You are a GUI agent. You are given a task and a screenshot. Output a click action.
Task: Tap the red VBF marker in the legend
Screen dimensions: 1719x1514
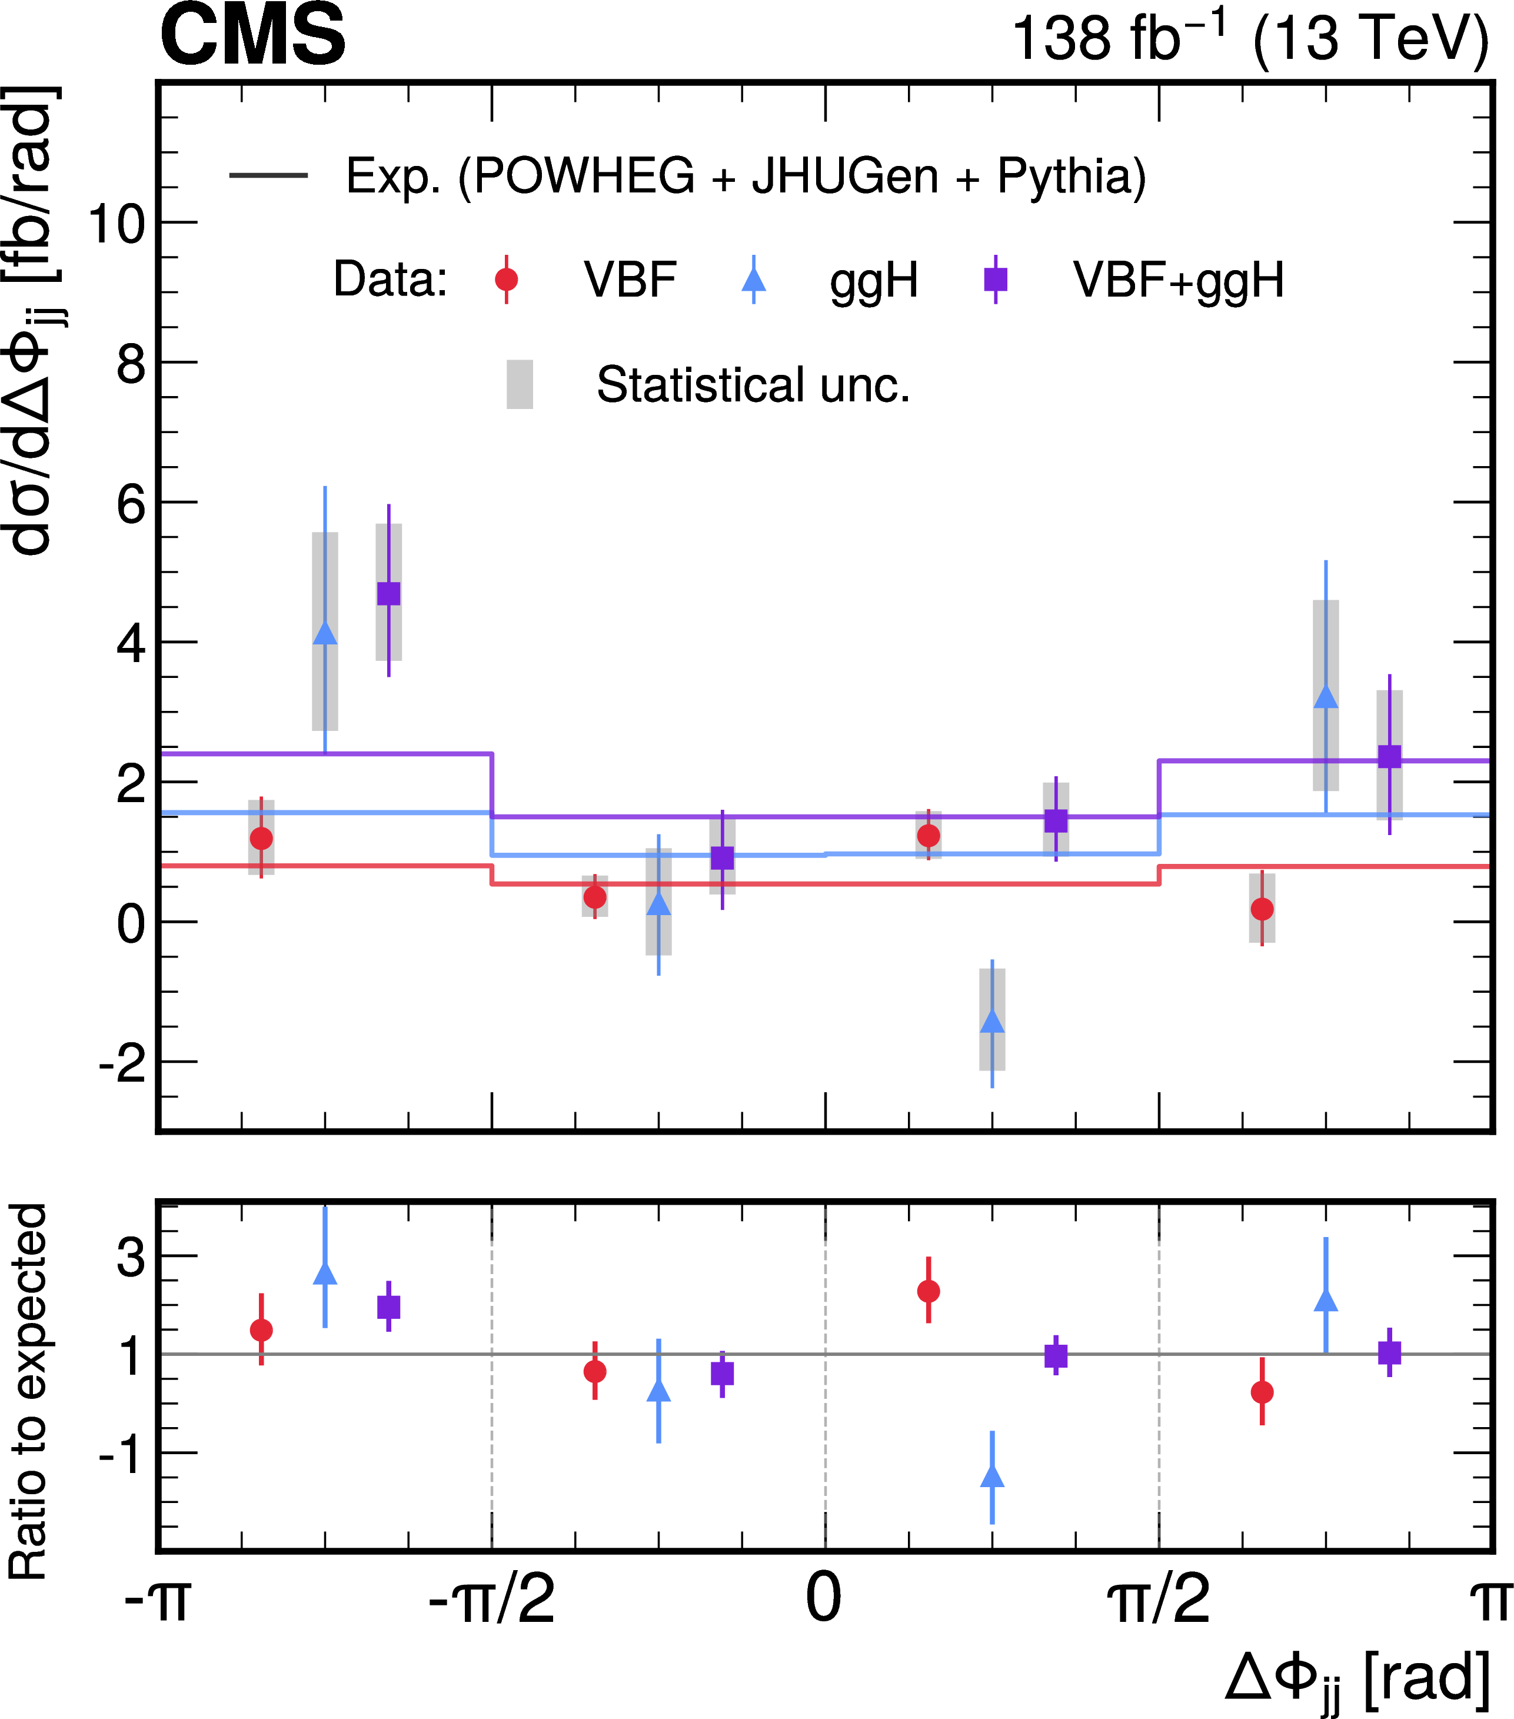tap(507, 279)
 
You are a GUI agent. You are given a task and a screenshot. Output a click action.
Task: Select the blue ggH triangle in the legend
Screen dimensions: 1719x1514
tap(754, 279)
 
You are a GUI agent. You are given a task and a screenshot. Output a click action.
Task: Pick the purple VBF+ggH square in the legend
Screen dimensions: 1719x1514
tap(996, 279)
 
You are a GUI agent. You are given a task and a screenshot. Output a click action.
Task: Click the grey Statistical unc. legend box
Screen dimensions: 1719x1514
tap(520, 384)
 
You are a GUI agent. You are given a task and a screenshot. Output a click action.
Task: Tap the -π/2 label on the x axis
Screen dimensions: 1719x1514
tap(491, 1598)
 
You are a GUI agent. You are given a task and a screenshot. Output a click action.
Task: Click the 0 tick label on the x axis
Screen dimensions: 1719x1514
tap(823, 1598)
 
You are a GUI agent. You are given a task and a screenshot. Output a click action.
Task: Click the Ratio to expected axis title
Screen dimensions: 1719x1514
tap(29, 1391)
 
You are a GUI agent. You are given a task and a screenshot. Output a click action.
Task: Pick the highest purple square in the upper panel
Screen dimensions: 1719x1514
tap(388, 593)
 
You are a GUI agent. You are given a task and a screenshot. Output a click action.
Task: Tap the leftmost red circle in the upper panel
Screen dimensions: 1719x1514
tap(262, 839)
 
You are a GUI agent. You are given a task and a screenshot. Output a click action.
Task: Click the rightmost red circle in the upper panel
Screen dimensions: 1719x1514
tap(1262, 909)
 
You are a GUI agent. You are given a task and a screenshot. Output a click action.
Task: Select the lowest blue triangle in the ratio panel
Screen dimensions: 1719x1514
tap(993, 1476)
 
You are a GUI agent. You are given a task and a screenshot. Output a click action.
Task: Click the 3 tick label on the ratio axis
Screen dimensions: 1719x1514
tap(131, 1257)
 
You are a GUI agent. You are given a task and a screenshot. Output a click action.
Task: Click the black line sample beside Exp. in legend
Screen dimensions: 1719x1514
tap(268, 175)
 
